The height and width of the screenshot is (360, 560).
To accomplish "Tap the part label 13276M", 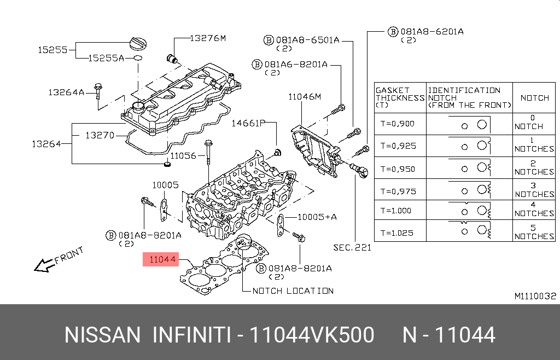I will pos(207,38).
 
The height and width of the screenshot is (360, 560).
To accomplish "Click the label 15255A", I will pos(107,57).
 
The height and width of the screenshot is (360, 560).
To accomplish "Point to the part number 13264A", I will pos(66,92).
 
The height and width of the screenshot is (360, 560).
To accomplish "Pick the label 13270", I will pos(100,134).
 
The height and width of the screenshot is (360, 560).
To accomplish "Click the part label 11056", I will pos(183,156).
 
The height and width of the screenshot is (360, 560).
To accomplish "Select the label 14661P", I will pos(248,123).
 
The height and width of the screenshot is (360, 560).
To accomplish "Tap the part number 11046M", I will pos(305,97).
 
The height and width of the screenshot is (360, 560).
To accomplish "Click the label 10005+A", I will pos(317,217).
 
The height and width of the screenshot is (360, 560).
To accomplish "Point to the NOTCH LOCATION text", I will pos(293,291).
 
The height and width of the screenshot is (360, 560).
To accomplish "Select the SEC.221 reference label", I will pos(352,247).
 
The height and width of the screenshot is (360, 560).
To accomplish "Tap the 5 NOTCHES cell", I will pos(534,231).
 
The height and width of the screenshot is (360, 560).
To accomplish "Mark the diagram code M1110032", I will pos(535,296).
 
